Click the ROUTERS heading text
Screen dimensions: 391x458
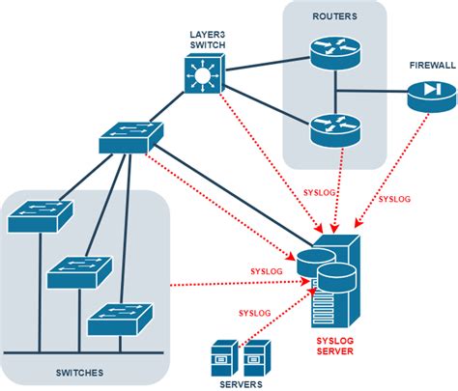coord(333,16)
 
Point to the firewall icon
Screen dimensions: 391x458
coord(427,93)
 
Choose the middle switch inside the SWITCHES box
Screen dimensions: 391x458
coord(77,270)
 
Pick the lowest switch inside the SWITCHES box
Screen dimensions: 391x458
coord(117,319)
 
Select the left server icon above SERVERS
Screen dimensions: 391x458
coord(223,358)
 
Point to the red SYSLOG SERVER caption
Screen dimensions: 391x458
coord(334,346)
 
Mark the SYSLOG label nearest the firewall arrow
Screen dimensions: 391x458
coord(393,199)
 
